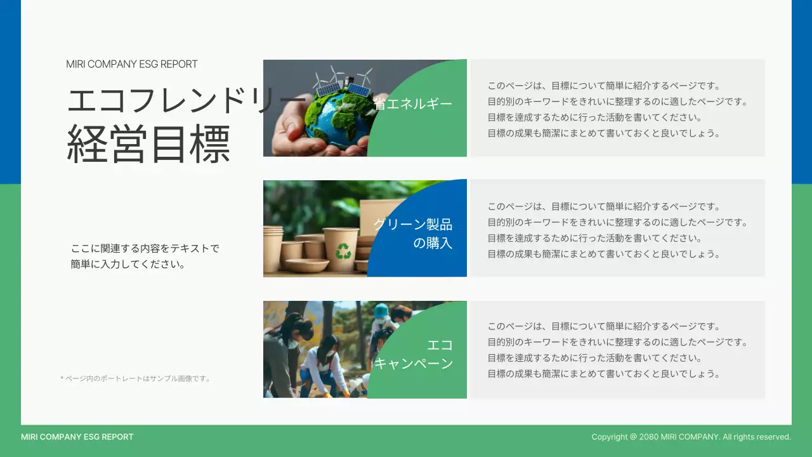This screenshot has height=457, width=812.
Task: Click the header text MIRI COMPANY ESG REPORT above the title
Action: point(132,64)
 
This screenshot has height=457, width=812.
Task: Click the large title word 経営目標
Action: point(148,145)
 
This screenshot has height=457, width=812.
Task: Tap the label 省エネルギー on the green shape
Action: point(413,103)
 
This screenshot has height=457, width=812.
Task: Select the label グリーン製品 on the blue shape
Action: point(413,224)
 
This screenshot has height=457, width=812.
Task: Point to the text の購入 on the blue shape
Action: point(433,243)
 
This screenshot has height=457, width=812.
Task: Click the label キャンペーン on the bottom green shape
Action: point(413,364)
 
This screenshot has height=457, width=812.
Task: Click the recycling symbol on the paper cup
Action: point(343,251)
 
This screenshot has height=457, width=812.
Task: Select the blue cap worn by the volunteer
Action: point(381,310)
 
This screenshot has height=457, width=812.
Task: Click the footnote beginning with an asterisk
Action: point(135,379)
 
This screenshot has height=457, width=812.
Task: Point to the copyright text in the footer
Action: point(691,437)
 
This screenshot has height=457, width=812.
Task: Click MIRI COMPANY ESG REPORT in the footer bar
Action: point(77,437)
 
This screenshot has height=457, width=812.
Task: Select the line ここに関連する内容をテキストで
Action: point(145,248)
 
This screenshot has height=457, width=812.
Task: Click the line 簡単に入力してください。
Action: point(128,265)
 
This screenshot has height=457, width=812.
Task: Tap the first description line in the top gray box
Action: point(604,86)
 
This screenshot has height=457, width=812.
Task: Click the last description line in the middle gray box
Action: point(604,254)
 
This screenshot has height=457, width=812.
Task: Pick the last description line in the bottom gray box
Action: point(604,374)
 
